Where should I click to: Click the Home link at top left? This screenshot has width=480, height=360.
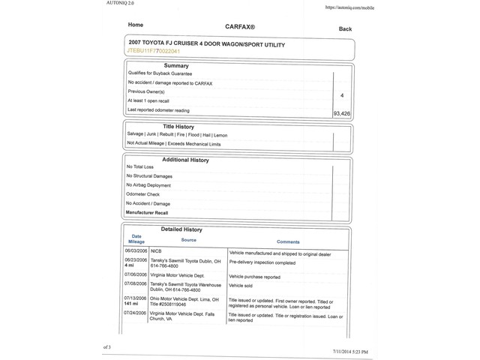click(x=136, y=25)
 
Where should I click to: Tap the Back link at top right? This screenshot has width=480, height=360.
click(x=345, y=29)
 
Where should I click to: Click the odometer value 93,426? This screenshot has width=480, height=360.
click(x=341, y=113)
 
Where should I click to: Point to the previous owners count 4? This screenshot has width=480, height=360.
click(x=342, y=96)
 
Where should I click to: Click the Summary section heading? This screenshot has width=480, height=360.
click(x=176, y=66)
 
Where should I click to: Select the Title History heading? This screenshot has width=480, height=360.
click(x=178, y=127)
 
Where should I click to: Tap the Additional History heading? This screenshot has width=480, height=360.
click(x=185, y=160)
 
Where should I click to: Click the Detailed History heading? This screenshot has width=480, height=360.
click(x=181, y=229)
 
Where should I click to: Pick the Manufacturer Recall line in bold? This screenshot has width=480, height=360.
click(x=147, y=213)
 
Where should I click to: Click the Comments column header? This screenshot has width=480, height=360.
click(x=288, y=242)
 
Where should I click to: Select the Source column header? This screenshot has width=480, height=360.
click(x=188, y=240)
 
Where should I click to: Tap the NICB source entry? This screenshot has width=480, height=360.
click(x=156, y=252)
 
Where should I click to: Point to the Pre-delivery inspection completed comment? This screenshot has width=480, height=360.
click(x=262, y=263)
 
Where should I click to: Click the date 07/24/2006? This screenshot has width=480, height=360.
click(x=136, y=313)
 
